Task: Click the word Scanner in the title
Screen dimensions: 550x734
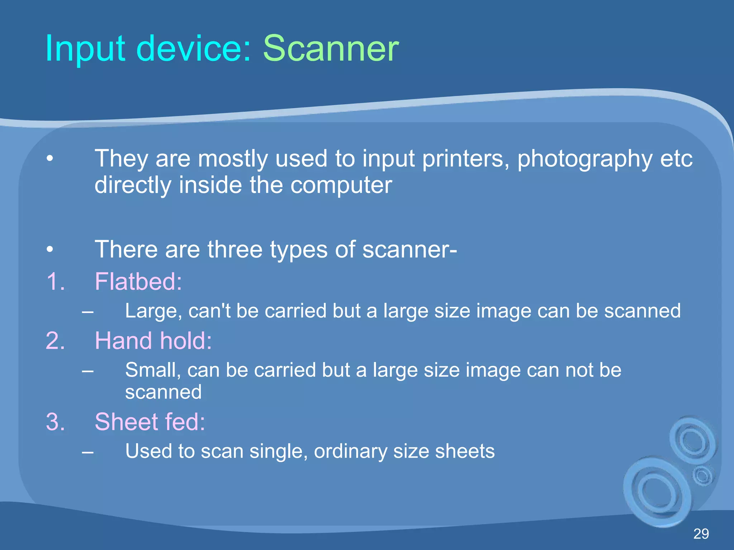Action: pos(330,48)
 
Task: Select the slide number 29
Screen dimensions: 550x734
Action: pos(701,534)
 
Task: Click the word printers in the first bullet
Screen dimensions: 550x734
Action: pos(466,158)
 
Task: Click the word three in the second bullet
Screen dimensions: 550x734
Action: pos(235,249)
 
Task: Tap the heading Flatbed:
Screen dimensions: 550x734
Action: pos(138,281)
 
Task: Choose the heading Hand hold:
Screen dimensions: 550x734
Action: pos(153,341)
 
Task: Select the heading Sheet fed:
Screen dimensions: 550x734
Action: pos(150,421)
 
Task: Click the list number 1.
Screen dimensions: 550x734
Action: pos(55,281)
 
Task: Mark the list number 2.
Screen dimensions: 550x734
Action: pos(55,341)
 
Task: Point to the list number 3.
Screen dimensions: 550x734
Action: pos(55,421)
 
